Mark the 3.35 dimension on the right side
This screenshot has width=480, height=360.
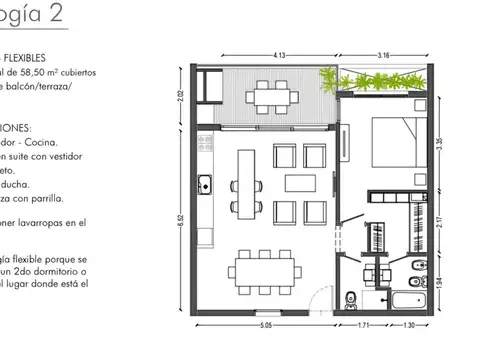(441, 143)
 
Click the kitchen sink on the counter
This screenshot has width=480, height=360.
(204, 183)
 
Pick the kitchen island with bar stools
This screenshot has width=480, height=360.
(245, 184)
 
